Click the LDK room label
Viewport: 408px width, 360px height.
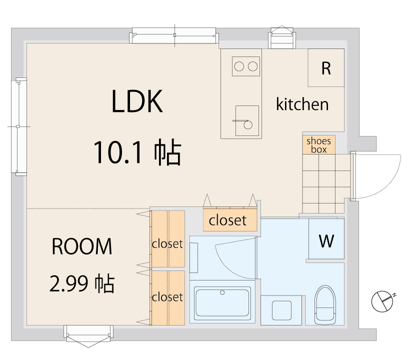click(137, 102)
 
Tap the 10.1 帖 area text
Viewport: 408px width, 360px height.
click(137, 152)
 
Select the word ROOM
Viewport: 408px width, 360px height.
click(82, 247)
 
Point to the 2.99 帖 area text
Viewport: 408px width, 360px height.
click(82, 283)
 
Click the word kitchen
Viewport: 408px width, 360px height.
click(302, 104)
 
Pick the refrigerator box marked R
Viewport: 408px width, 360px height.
click(326, 68)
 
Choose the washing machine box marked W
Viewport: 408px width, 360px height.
click(326, 241)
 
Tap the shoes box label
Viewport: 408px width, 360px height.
click(318, 145)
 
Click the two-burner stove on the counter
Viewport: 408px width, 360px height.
click(246, 66)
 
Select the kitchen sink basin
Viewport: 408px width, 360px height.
click(247, 120)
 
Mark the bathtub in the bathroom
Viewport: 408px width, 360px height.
click(222, 302)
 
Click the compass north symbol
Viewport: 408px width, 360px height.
click(383, 300)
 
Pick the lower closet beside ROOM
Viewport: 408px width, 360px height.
click(167, 297)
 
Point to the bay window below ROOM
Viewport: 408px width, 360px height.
click(87, 334)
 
